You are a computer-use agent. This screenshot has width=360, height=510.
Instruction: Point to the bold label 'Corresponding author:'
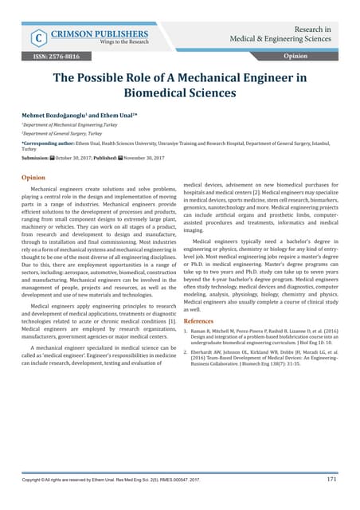point(52,143)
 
